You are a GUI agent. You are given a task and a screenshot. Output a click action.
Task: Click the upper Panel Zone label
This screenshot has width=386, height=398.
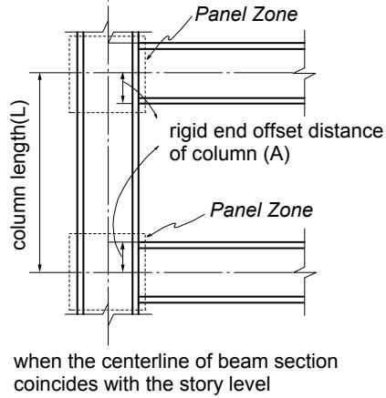245,15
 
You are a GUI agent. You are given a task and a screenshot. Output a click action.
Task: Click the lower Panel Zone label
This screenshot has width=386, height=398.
261,210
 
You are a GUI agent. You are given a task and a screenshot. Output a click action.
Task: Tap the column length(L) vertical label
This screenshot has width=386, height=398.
19,175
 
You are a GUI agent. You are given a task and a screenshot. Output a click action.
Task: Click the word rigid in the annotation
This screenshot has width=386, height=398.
189,132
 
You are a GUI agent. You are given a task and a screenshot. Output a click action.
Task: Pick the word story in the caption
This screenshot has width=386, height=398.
201,385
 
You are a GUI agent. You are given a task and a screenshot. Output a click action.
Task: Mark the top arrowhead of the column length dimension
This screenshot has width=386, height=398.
39,77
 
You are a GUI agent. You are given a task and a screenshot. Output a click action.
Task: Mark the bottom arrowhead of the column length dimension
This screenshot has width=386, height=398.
39,269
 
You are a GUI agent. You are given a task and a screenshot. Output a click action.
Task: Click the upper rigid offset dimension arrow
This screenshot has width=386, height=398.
122,88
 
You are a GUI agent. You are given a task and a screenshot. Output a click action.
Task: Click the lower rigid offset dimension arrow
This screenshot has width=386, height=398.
122,257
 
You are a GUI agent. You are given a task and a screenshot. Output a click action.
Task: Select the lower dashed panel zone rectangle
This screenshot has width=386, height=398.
69,271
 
